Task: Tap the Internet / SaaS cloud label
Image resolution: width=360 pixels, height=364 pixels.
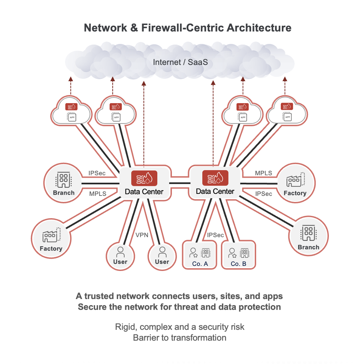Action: (x=180, y=62)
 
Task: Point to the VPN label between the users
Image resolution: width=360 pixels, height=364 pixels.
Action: (x=141, y=235)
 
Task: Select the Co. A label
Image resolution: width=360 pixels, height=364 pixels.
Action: (x=200, y=264)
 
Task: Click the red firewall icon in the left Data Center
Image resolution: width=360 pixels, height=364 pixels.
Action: (x=144, y=178)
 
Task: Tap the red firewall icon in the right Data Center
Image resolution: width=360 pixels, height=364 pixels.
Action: (x=215, y=177)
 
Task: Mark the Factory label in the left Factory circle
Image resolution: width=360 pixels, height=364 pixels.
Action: (x=51, y=249)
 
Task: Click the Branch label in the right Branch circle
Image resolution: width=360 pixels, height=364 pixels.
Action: (x=308, y=247)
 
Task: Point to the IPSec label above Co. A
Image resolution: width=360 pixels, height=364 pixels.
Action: (x=215, y=235)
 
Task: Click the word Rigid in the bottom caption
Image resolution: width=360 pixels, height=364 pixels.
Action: (x=125, y=327)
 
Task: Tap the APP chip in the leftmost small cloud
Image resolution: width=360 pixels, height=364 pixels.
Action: (x=72, y=117)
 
